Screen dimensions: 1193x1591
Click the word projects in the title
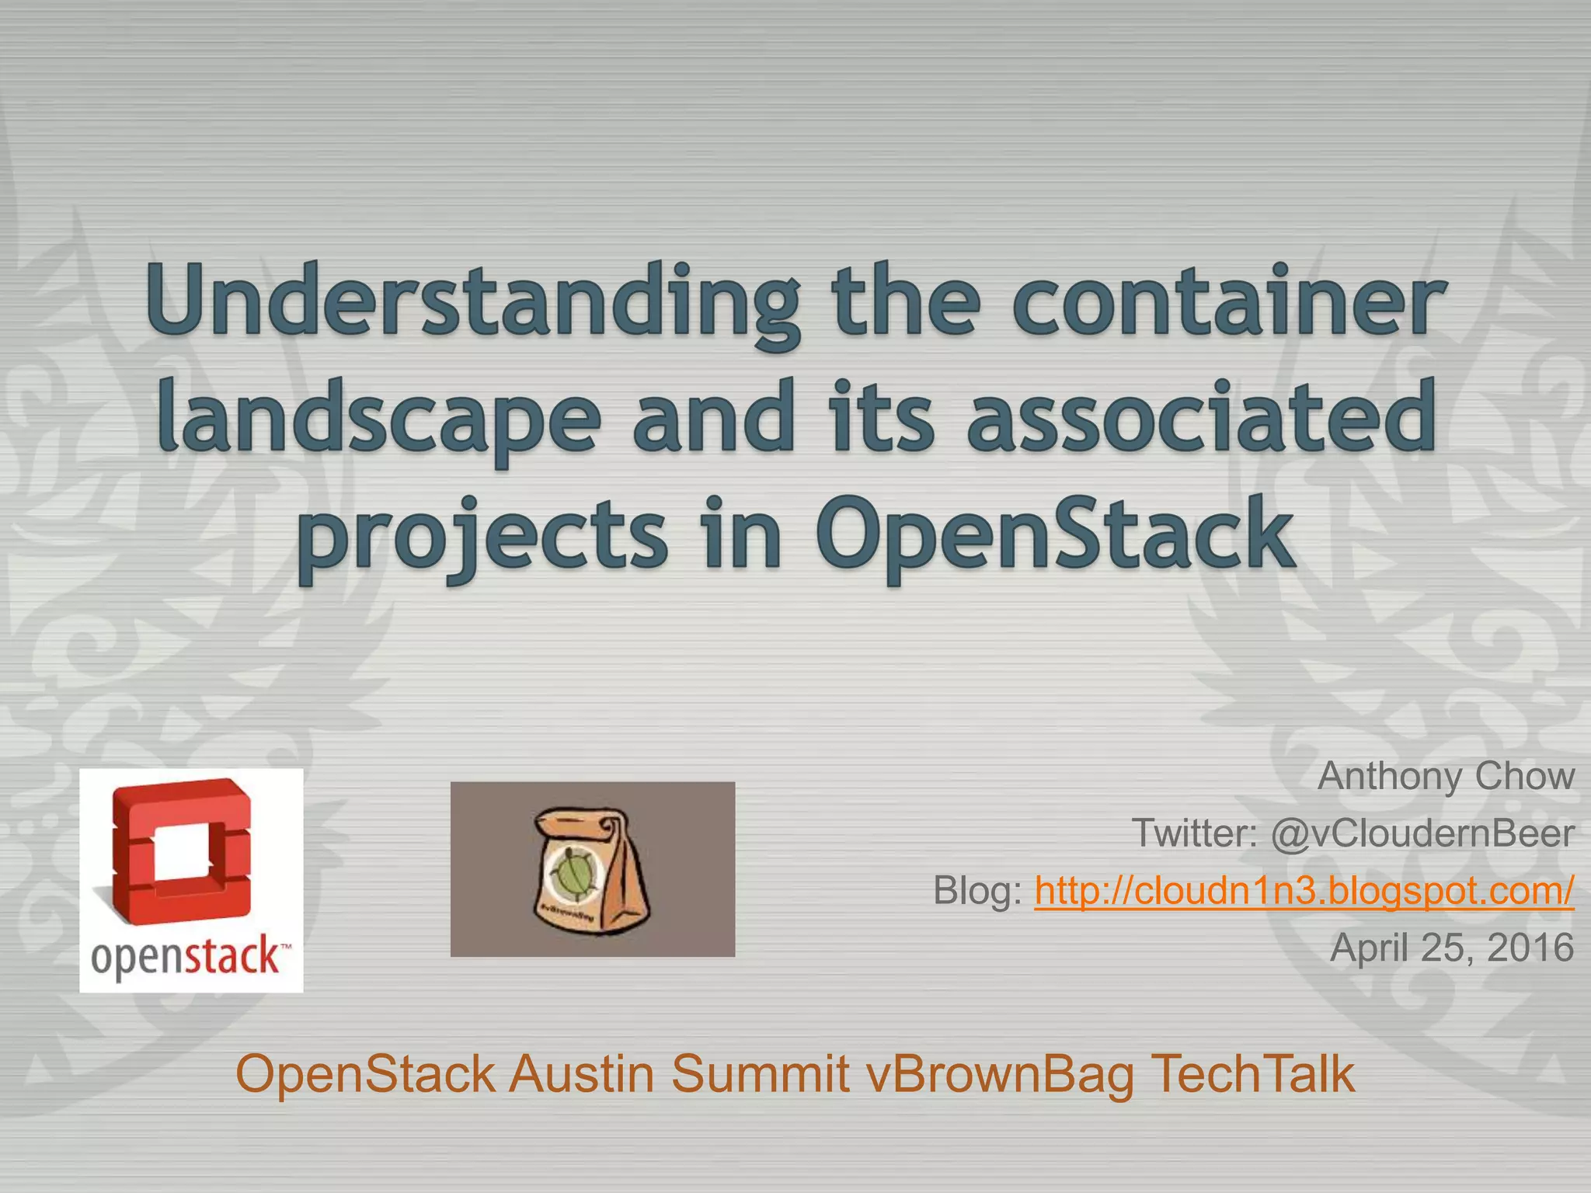point(482,536)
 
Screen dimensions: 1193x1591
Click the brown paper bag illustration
point(591,871)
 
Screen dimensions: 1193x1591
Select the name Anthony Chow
point(1446,776)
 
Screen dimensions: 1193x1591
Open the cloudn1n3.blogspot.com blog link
point(1304,890)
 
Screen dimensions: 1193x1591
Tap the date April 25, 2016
point(1451,948)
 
